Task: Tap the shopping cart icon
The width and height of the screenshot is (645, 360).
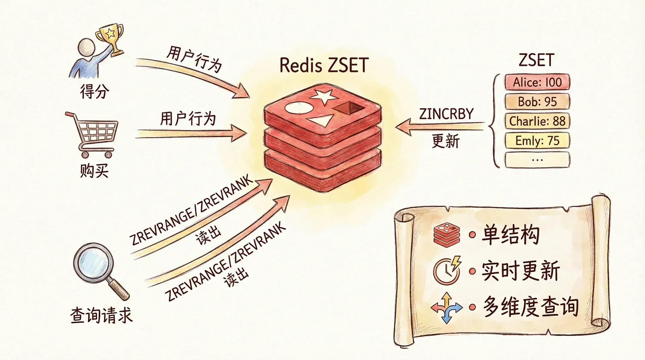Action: [x=92, y=134]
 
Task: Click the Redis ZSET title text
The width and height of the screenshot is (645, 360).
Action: [x=324, y=65]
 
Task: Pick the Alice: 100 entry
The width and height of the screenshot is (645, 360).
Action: [x=537, y=82]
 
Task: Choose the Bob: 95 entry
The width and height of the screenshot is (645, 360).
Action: [x=537, y=102]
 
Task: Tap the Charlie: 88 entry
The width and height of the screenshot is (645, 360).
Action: [x=537, y=121]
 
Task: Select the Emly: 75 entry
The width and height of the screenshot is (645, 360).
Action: [x=537, y=141]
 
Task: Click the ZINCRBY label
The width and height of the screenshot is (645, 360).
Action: [x=446, y=114]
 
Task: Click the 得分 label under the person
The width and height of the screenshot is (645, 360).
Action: [x=95, y=91]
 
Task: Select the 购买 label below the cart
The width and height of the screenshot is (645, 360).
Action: [x=94, y=171]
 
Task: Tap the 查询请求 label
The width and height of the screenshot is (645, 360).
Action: [x=101, y=316]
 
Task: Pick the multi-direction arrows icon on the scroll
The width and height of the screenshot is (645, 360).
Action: [x=446, y=307]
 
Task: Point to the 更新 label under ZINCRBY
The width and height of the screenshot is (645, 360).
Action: [x=445, y=141]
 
